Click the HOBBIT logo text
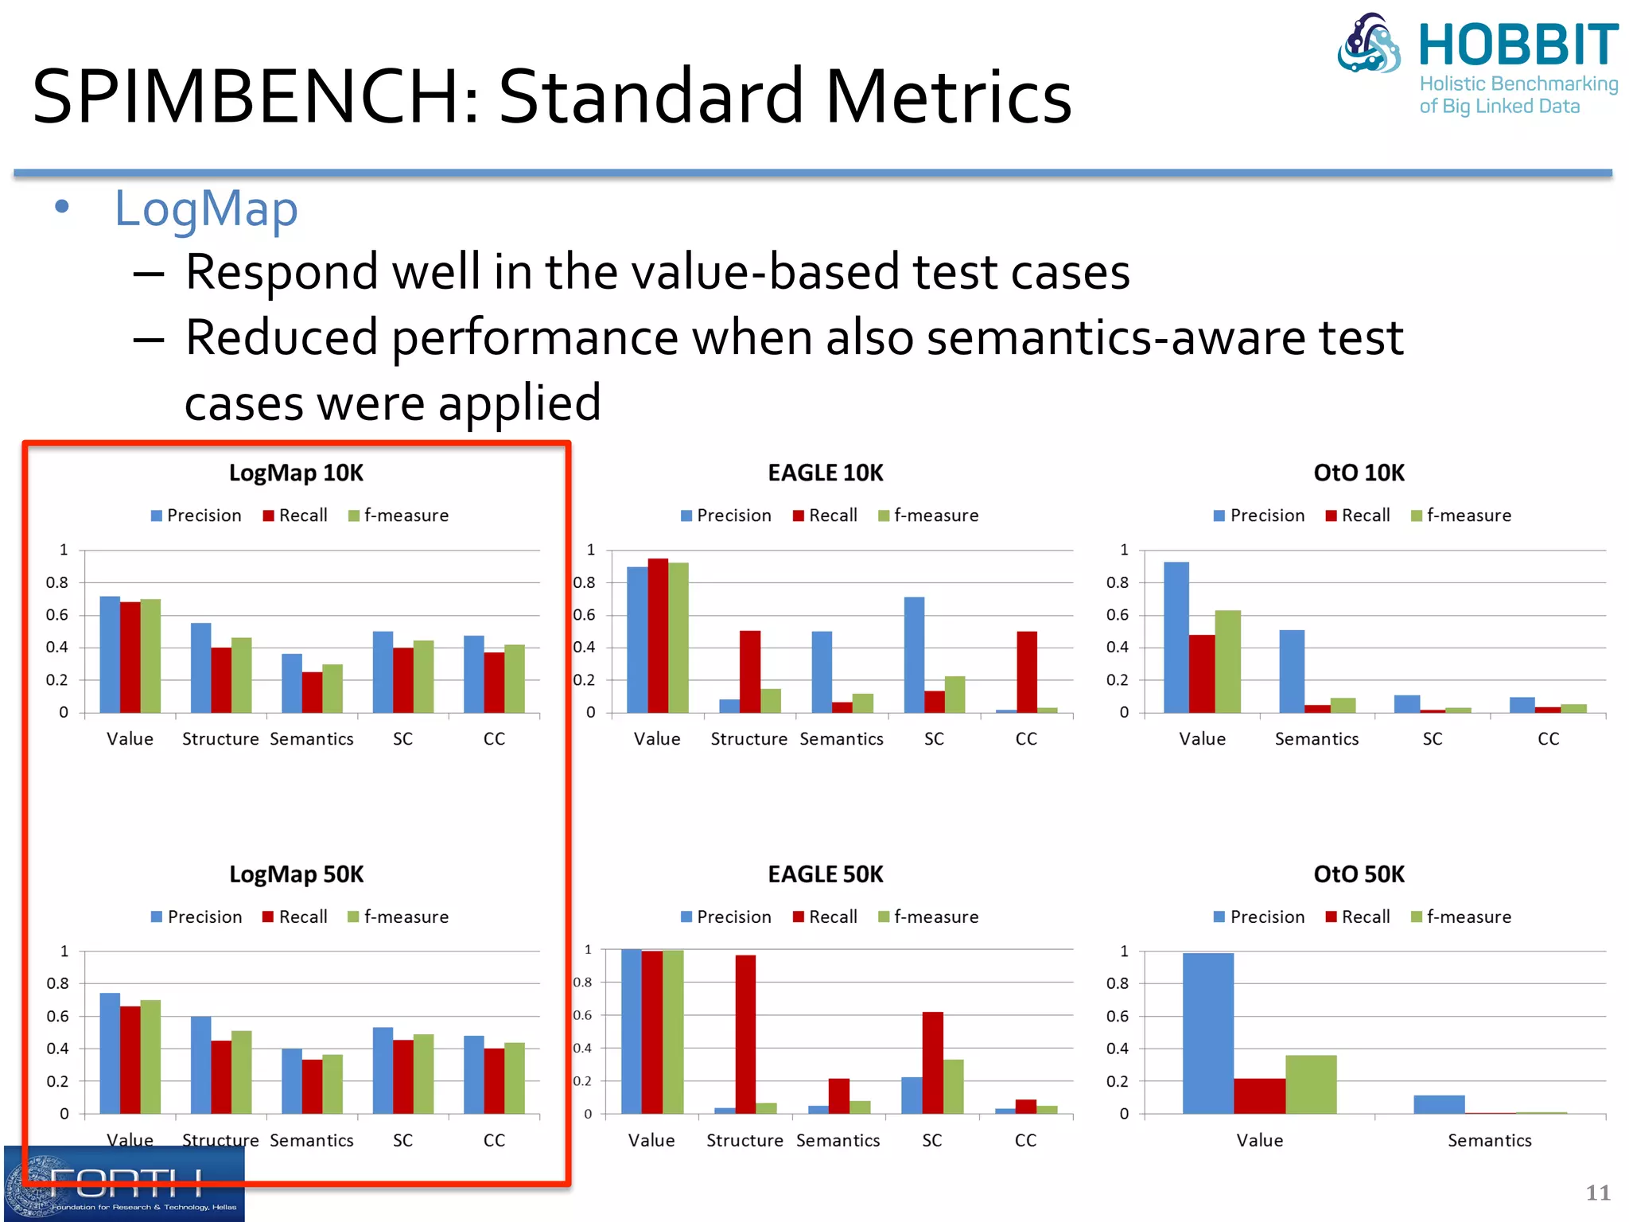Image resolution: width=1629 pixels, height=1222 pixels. point(1518,45)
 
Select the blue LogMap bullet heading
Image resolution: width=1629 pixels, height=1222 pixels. point(206,209)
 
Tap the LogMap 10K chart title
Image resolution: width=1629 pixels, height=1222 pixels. point(296,473)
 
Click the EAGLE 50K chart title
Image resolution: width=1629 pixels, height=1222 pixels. point(826,875)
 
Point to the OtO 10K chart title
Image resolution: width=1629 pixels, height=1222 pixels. point(1359,473)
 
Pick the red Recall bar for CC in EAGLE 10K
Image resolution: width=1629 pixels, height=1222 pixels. point(1026,671)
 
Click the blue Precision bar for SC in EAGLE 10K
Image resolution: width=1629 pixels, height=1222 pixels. point(914,654)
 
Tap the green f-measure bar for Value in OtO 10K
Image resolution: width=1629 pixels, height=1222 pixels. point(1227,661)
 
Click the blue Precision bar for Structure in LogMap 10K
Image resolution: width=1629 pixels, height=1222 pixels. point(200,667)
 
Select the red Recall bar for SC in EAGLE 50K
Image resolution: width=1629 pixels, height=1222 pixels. point(932,1062)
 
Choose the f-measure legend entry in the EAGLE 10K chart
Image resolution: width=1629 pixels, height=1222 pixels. point(928,516)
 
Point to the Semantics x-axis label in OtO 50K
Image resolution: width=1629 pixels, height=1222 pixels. point(1489,1141)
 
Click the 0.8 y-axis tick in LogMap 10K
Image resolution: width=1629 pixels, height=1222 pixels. point(57,582)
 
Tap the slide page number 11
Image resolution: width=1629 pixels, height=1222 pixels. point(1597,1193)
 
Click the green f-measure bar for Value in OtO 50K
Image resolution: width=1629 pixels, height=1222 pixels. point(1311,1084)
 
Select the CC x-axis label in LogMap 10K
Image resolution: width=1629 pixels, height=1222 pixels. point(494,739)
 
